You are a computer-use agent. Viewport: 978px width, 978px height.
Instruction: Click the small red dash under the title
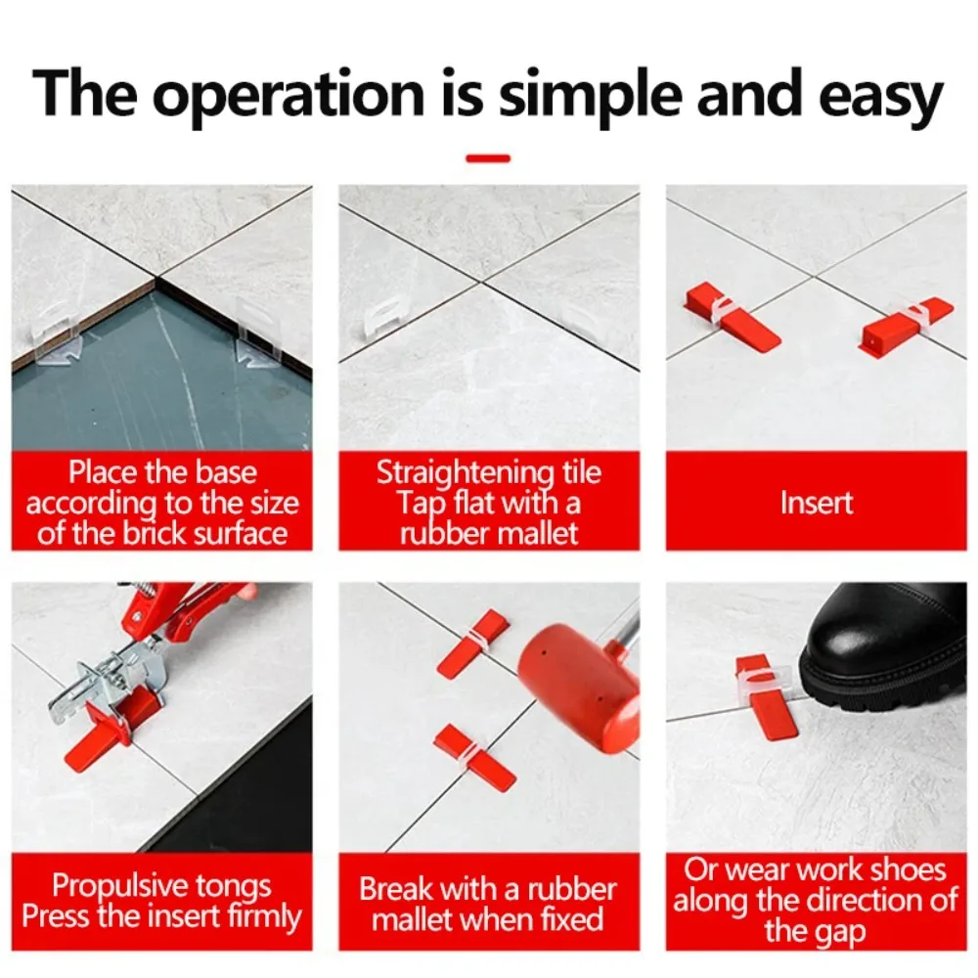click(488, 157)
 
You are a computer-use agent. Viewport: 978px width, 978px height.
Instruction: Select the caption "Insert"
click(816, 503)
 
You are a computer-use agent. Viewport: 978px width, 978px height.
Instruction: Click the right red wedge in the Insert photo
click(904, 326)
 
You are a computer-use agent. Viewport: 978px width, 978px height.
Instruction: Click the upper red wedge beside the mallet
click(473, 643)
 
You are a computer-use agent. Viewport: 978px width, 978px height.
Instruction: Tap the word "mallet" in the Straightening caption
click(532, 533)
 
